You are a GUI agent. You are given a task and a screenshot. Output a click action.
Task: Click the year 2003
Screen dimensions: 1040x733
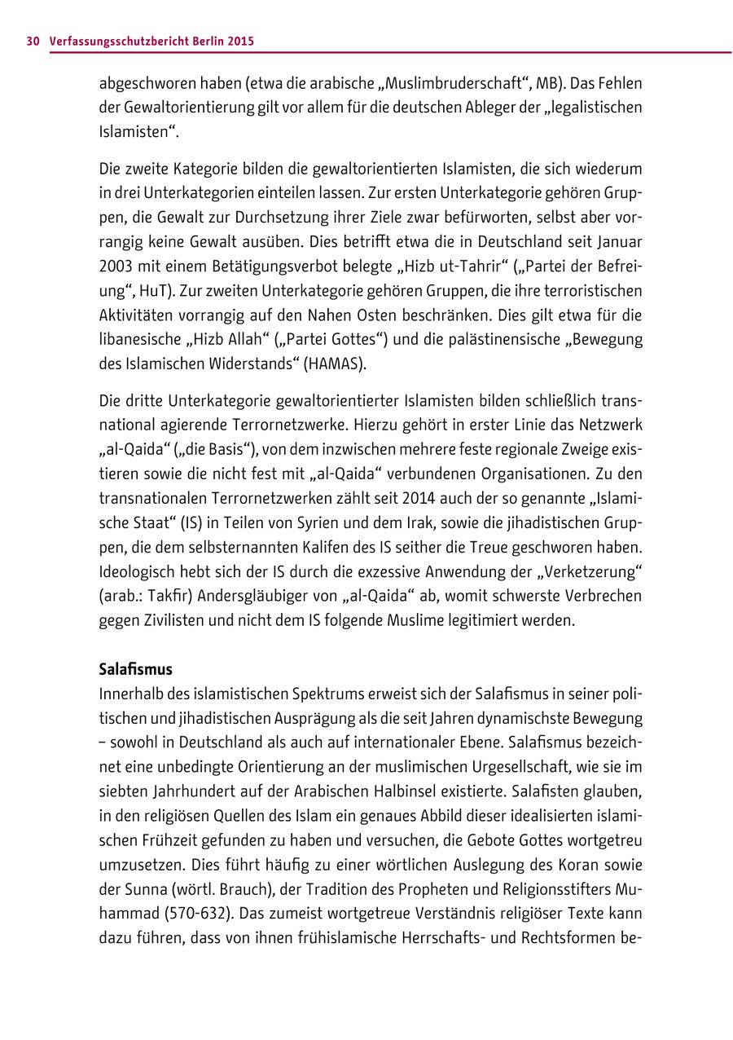[118, 267]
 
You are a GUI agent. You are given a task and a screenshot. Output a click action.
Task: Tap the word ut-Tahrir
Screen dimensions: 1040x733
[444, 267]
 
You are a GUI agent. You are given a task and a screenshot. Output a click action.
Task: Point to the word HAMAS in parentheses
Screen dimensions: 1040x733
[335, 364]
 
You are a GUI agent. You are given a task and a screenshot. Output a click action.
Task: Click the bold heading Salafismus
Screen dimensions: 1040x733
[136, 669]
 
